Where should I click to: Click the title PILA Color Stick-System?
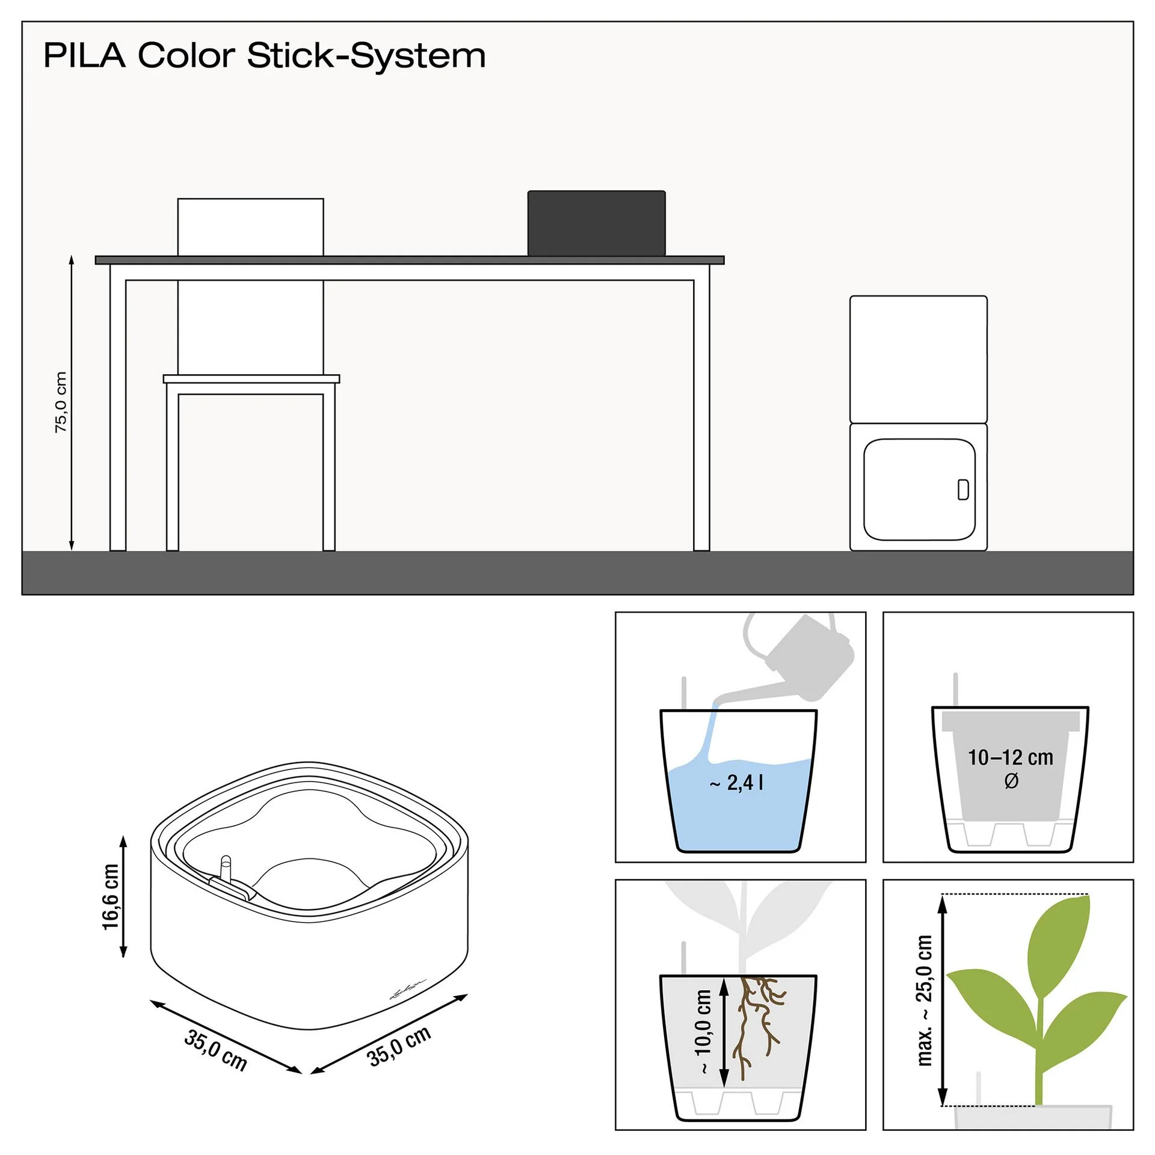(265, 56)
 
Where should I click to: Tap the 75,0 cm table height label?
(61, 402)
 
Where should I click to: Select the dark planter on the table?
(597, 223)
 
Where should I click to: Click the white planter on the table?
(251, 227)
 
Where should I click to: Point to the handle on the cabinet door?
(963, 490)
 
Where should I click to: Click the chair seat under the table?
(251, 379)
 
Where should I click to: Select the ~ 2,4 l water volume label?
(736, 782)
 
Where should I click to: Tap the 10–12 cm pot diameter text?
(1011, 757)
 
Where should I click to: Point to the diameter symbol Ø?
(1011, 781)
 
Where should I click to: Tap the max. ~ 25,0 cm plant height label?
(925, 1000)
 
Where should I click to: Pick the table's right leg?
(702, 415)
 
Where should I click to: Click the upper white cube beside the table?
(919, 359)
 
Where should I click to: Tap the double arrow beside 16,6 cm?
(124, 896)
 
